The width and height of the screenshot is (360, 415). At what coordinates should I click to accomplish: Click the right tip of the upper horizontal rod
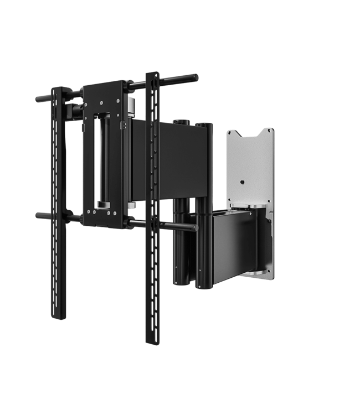(196, 77)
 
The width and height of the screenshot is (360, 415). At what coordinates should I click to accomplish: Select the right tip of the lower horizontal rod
(195, 227)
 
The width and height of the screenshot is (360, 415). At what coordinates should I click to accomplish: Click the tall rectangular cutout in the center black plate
(104, 160)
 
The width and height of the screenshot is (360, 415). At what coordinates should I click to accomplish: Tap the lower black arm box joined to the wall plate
(238, 246)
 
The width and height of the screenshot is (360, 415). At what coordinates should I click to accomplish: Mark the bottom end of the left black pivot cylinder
(178, 284)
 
